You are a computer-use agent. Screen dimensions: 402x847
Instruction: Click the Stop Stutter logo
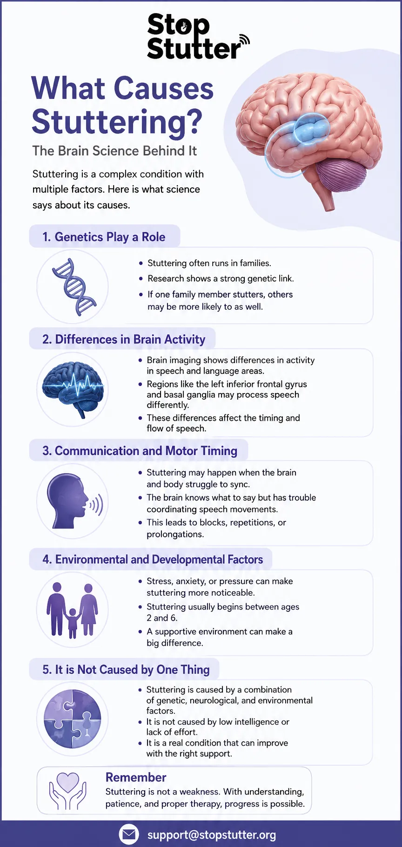(x=198, y=37)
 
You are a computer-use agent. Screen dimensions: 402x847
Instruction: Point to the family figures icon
(x=72, y=610)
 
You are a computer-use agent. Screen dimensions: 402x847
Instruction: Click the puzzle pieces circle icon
(x=72, y=719)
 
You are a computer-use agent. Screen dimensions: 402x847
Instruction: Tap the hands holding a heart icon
(x=68, y=791)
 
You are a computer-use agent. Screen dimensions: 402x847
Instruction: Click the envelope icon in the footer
(x=129, y=834)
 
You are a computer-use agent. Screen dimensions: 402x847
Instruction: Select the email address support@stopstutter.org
(x=212, y=835)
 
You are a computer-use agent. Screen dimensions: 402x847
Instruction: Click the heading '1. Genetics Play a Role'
(x=104, y=237)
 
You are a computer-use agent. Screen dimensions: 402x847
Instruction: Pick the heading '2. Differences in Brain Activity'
(x=124, y=340)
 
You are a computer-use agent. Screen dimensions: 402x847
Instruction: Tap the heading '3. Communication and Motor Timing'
(x=140, y=451)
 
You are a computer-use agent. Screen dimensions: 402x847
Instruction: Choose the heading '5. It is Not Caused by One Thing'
(x=126, y=669)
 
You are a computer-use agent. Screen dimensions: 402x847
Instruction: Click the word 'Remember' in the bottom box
(x=136, y=777)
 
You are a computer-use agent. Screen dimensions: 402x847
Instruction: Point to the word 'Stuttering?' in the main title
(x=117, y=122)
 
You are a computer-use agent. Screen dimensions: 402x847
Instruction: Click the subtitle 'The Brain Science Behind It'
(x=114, y=151)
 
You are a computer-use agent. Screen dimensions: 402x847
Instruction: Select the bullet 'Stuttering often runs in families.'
(x=209, y=263)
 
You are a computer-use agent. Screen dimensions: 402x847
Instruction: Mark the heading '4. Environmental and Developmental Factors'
(x=153, y=560)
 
